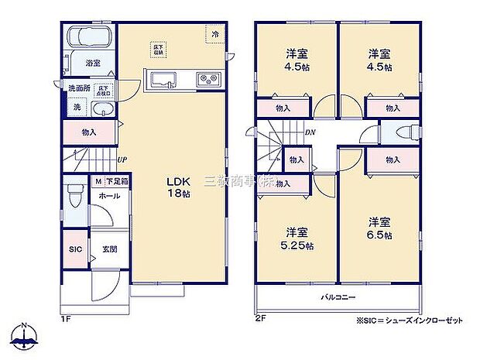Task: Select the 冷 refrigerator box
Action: pyautogui.click(x=212, y=34)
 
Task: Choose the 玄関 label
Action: pyautogui.click(x=108, y=249)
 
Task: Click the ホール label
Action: pyautogui.click(x=108, y=197)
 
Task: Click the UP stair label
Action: pyautogui.click(x=122, y=160)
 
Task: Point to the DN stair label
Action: pyautogui.click(x=310, y=132)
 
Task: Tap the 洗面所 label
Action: pyautogui.click(x=78, y=88)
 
